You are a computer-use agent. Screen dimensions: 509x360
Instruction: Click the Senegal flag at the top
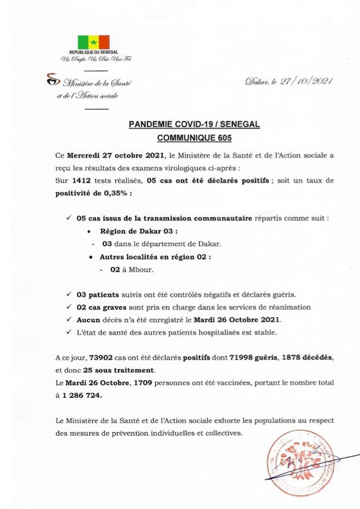[93, 42]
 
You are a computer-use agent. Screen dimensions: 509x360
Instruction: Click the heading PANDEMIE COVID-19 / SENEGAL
[194, 125]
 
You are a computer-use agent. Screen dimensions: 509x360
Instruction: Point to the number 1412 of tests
[82, 180]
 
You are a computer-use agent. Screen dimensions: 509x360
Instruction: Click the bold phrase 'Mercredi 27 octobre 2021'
[112, 156]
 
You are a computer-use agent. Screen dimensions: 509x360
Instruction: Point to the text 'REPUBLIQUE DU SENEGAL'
[93, 53]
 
